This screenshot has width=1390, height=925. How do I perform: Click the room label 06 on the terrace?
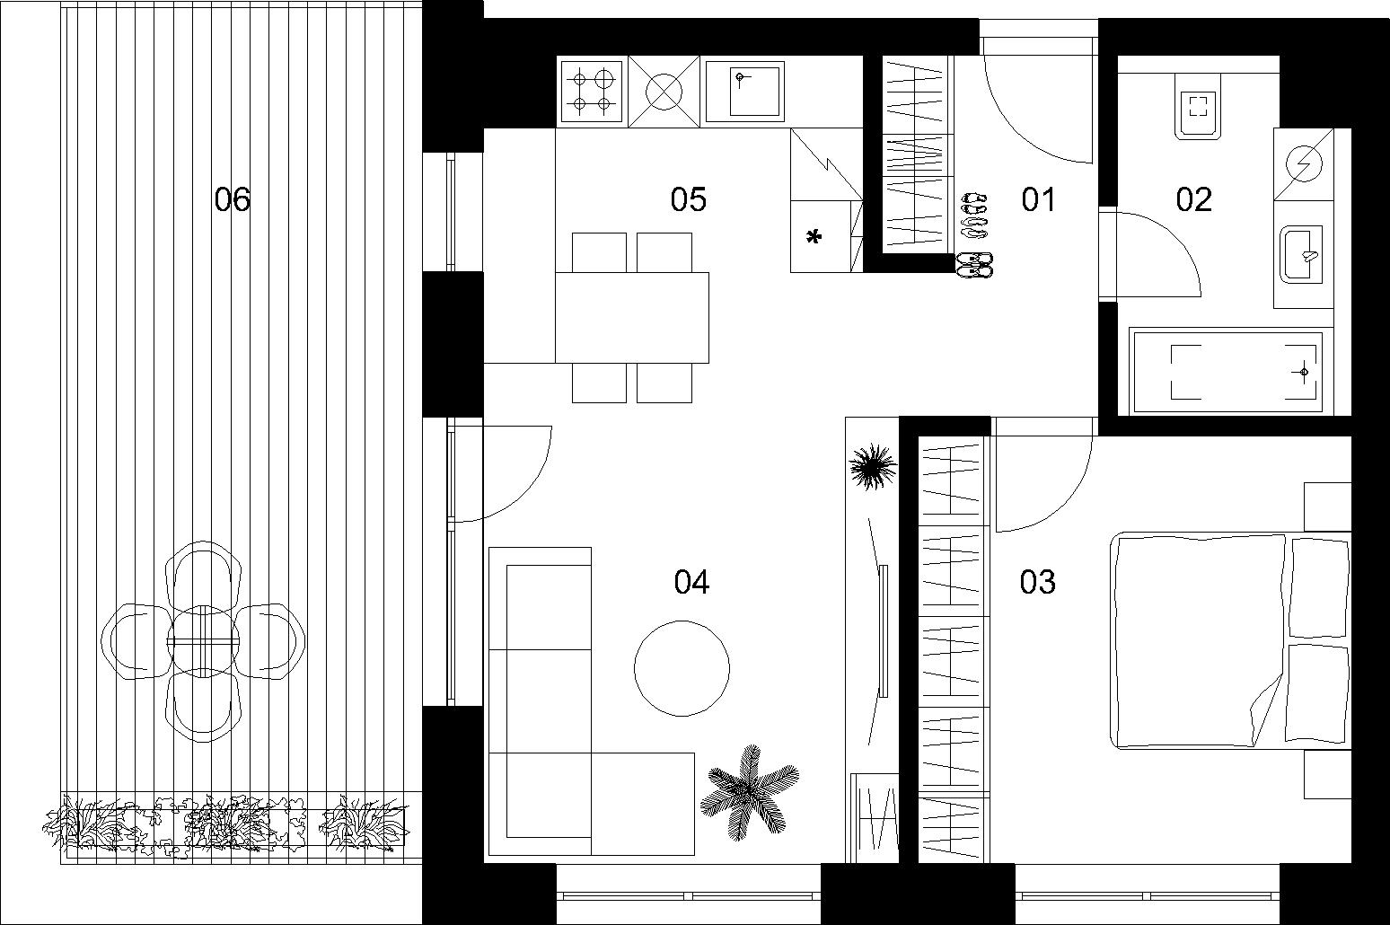click(x=232, y=199)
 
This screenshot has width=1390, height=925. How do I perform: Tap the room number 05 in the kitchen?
click(x=688, y=199)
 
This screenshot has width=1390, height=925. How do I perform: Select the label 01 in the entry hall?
click(x=1038, y=199)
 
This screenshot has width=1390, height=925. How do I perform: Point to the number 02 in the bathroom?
click(x=1194, y=199)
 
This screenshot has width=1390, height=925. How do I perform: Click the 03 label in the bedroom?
click(x=1037, y=582)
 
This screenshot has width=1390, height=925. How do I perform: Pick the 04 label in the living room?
click(x=691, y=582)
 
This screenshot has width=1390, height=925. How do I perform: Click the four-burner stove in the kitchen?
click(x=592, y=92)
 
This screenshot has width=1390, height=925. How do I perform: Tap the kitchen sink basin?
click(x=745, y=92)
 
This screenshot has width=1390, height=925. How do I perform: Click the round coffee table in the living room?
click(x=682, y=669)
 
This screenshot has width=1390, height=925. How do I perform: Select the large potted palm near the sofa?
click(x=749, y=793)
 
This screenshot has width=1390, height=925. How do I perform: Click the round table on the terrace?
click(x=203, y=640)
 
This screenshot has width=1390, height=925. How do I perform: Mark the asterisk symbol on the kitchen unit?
click(x=814, y=236)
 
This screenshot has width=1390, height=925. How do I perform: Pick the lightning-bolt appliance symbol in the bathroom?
click(x=1304, y=163)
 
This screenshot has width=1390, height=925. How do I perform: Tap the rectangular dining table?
click(x=632, y=317)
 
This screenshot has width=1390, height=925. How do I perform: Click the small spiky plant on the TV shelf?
click(x=873, y=466)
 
